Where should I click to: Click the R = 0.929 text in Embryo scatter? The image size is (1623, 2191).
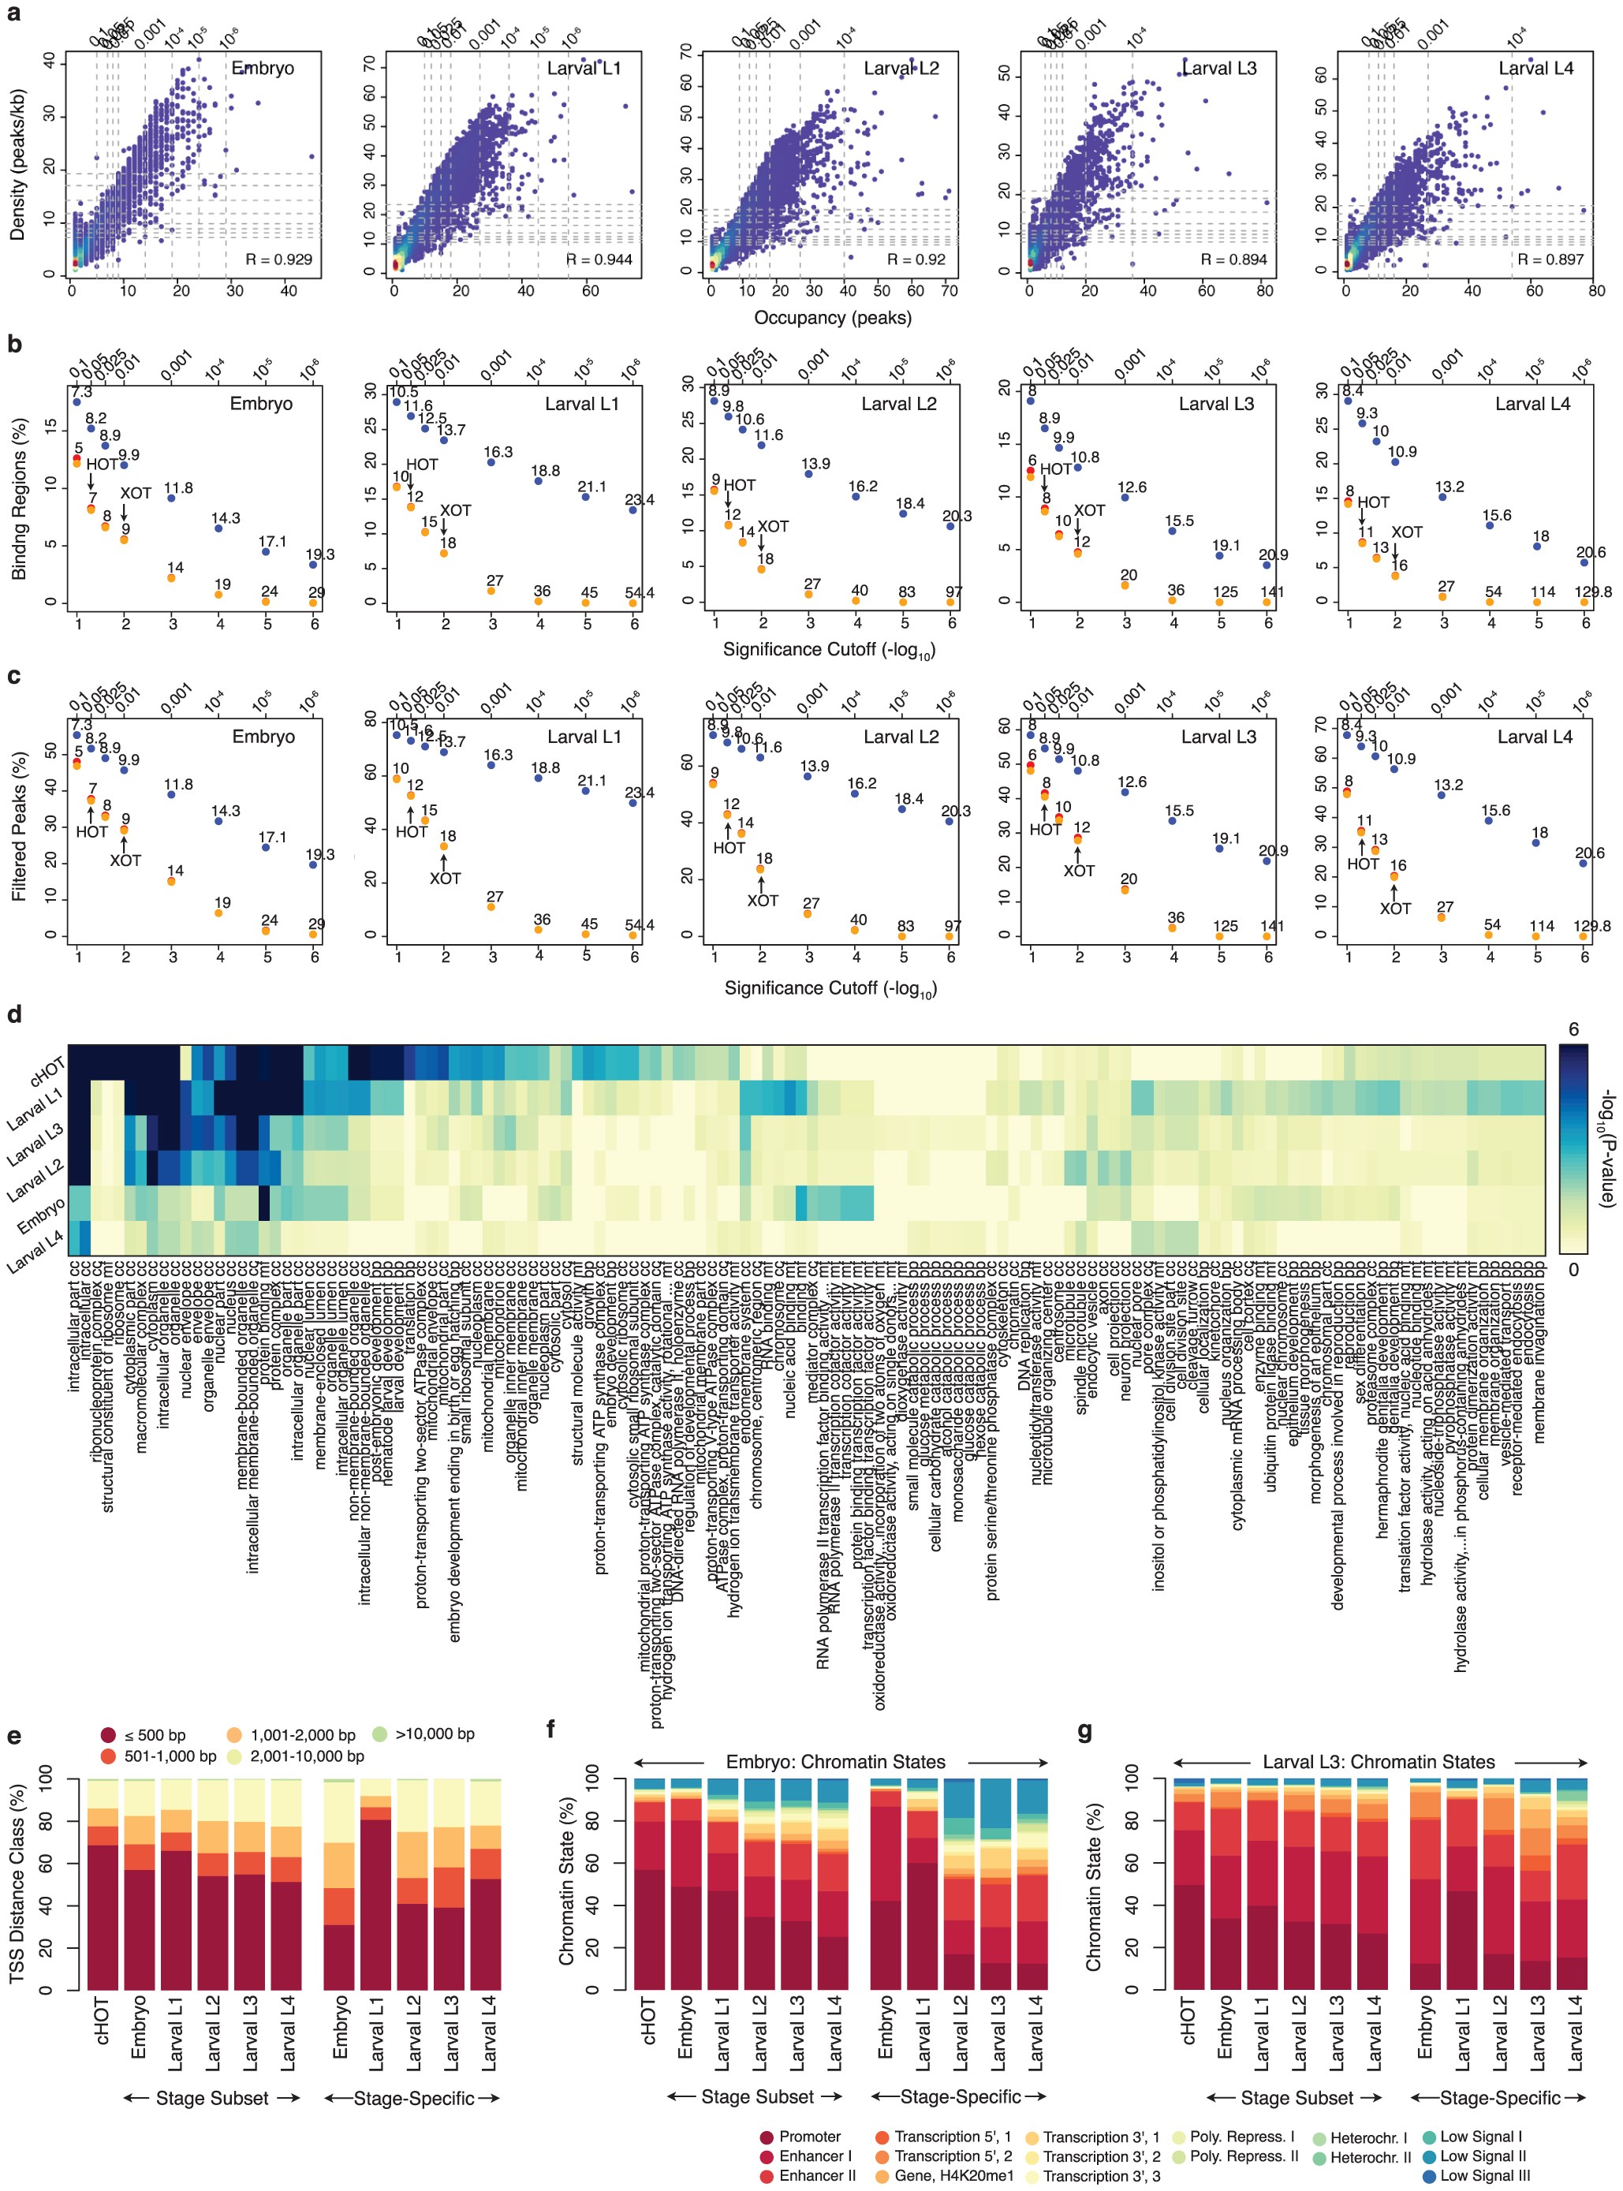click(279, 259)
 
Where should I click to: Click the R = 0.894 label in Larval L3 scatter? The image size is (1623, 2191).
click(1234, 259)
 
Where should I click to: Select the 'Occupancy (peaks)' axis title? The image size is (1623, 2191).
click(832, 317)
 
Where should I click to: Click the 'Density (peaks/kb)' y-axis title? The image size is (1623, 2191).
click(17, 165)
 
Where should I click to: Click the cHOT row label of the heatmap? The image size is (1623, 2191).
click(47, 1070)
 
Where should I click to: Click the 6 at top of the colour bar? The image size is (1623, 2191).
click(1573, 1030)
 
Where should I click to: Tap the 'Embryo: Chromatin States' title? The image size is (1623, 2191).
click(835, 1762)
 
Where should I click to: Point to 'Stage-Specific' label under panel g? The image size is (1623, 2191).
click(1499, 2098)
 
